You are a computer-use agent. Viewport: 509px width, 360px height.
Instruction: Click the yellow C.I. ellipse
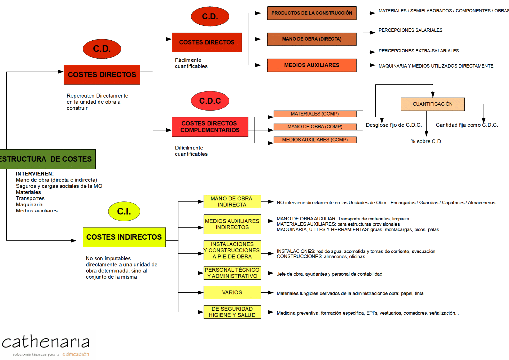pyautogui.click(x=124, y=211)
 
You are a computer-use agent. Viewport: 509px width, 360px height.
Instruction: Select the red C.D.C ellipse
pyautogui.click(x=210, y=101)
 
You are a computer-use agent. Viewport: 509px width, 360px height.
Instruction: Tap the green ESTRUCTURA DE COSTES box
pyautogui.click(x=47, y=159)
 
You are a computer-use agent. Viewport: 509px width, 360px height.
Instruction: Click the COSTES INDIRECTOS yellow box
pyautogui.click(x=124, y=237)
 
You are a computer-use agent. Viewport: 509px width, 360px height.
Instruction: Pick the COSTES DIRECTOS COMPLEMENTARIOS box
pyautogui.click(x=210, y=127)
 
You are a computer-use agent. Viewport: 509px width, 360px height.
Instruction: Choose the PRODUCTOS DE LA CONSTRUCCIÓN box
pyautogui.click(x=312, y=13)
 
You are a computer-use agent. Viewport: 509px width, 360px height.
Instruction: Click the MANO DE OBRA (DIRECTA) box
pyautogui.click(x=312, y=39)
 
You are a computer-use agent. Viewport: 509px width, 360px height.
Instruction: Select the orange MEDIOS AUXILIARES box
pyautogui.click(x=312, y=65)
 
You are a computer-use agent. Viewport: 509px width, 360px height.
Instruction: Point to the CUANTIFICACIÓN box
pyautogui.click(x=432, y=104)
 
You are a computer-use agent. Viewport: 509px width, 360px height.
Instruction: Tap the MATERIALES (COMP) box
pyautogui.click(x=315, y=114)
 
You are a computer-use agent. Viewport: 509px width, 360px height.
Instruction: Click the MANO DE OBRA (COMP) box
pyautogui.click(x=315, y=127)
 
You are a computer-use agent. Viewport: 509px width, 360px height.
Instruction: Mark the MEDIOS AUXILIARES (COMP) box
pyautogui.click(x=315, y=140)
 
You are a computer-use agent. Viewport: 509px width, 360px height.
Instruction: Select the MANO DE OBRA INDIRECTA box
pyautogui.click(x=232, y=201)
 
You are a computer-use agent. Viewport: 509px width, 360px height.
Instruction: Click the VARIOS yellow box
pyautogui.click(x=232, y=292)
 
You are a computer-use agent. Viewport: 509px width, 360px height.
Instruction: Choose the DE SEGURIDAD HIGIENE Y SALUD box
pyautogui.click(x=232, y=312)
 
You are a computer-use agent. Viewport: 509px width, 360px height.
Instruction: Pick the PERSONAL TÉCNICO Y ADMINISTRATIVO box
pyautogui.click(x=232, y=273)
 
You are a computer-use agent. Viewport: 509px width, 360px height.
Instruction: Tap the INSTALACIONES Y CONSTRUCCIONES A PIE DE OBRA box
pyautogui.click(x=232, y=250)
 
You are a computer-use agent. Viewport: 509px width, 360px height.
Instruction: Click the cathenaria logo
pyautogui.click(x=48, y=345)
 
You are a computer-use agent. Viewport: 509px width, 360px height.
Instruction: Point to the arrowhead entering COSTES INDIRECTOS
pyautogui.click(x=73, y=241)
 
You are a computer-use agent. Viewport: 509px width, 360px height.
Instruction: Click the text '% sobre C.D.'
pyautogui.click(x=426, y=141)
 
